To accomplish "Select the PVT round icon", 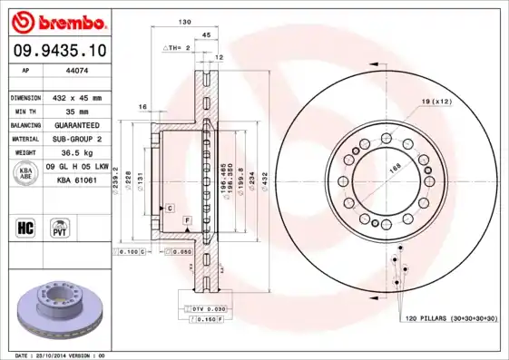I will pyautogui.click(x=57, y=226).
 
